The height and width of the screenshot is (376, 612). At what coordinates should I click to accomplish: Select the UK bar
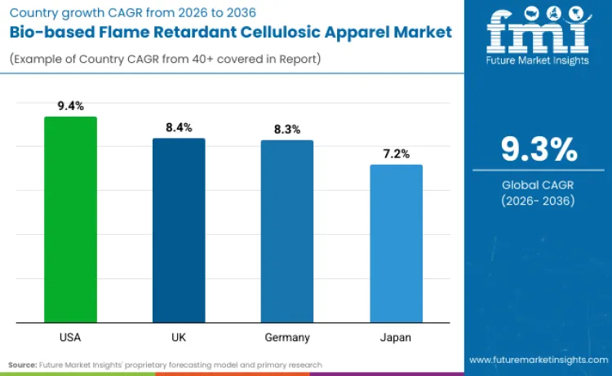click(x=179, y=230)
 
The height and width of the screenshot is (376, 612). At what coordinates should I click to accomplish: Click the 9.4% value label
click(x=70, y=105)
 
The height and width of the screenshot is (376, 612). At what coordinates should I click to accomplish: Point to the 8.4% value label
click(x=179, y=127)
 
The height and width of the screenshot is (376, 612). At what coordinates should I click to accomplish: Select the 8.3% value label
click(x=287, y=129)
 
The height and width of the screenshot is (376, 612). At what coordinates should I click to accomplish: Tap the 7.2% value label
click(x=397, y=153)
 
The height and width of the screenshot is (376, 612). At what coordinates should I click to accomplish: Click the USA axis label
click(x=70, y=337)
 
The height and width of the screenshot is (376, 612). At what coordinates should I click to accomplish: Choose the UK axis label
click(x=179, y=337)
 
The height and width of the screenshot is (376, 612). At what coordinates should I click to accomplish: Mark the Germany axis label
click(x=287, y=337)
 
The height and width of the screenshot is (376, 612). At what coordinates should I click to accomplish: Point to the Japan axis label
click(x=397, y=337)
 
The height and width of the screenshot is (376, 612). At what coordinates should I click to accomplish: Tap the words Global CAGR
click(x=539, y=185)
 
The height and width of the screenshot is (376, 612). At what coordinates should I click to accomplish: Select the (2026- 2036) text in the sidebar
click(x=539, y=201)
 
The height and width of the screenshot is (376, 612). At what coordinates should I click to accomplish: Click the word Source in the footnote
click(x=23, y=365)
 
